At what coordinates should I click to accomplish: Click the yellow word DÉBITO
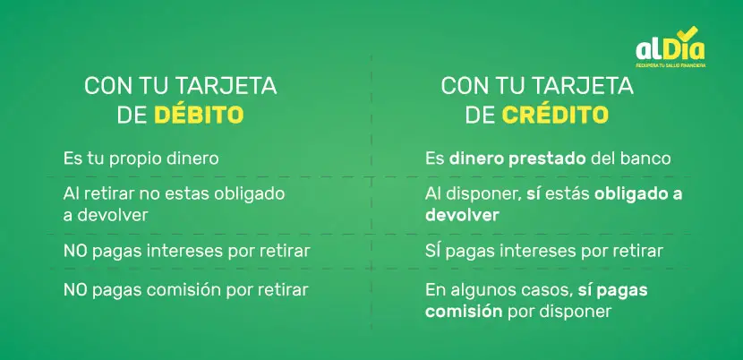(199, 115)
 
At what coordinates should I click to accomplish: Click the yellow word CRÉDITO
(555, 115)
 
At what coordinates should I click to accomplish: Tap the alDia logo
(670, 47)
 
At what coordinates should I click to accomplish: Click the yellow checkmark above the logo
(687, 32)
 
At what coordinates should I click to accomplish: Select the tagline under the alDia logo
(670, 65)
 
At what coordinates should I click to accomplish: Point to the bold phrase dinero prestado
(518, 159)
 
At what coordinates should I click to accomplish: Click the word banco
(649, 159)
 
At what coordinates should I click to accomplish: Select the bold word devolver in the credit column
(462, 215)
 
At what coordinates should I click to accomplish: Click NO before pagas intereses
(76, 252)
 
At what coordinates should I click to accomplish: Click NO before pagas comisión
(76, 290)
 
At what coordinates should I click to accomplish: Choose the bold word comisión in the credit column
(464, 312)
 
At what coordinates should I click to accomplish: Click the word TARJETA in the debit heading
(226, 86)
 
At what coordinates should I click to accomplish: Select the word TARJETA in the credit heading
(584, 86)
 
